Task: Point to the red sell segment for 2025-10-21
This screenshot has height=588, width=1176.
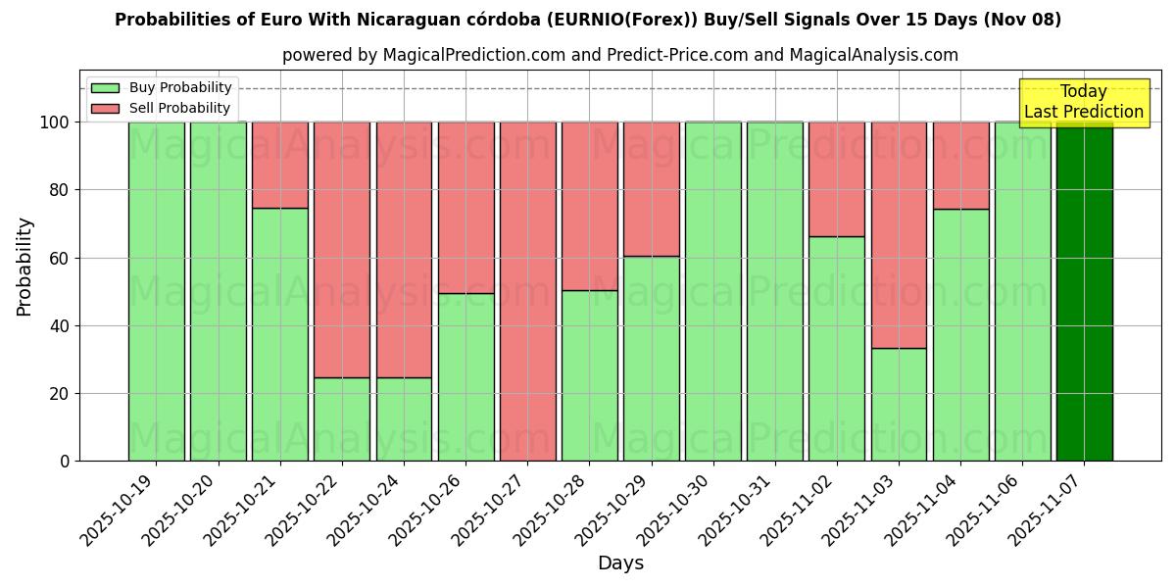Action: coord(280,165)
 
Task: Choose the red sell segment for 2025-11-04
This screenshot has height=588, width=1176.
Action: coord(960,165)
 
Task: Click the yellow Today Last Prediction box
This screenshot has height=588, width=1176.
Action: coord(1084,103)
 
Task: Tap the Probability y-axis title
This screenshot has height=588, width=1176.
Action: coord(24,266)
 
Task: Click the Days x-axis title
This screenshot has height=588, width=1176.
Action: coord(620,563)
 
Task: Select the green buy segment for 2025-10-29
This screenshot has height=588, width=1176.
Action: coord(652,358)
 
